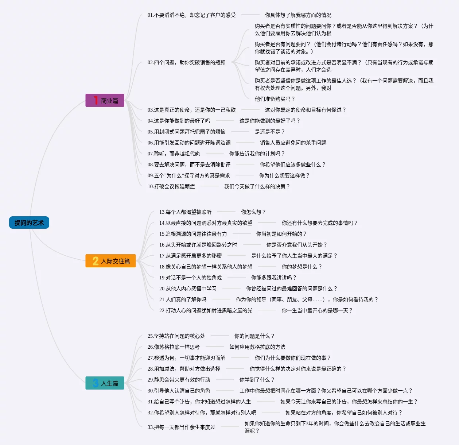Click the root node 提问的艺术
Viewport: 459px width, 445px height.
(29, 223)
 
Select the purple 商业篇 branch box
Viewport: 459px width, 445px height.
(105, 101)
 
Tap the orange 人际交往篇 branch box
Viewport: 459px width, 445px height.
(111, 261)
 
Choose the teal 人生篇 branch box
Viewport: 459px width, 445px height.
(105, 383)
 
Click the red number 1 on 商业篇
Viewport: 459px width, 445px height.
(96, 101)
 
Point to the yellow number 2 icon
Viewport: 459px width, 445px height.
(96, 261)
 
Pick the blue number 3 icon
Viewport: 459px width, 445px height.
(96, 383)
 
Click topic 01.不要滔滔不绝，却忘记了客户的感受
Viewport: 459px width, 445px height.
(191, 15)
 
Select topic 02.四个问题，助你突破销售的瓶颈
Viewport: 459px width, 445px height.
(186, 63)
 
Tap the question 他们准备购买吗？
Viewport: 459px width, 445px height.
(275, 99)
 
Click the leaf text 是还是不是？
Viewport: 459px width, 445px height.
(269, 132)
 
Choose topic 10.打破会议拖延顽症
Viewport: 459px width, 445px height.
(171, 187)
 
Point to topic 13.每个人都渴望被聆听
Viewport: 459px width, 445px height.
(185, 212)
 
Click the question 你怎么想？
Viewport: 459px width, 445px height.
(253, 212)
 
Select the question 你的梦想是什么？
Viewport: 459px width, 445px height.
(302, 267)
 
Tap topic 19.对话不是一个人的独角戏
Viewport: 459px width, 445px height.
(190, 278)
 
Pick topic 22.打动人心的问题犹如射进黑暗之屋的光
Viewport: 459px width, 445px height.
(206, 311)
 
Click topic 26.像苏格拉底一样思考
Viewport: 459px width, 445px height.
(174, 347)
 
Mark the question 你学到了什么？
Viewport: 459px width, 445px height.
(257, 380)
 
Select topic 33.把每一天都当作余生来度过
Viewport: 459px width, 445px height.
(181, 427)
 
